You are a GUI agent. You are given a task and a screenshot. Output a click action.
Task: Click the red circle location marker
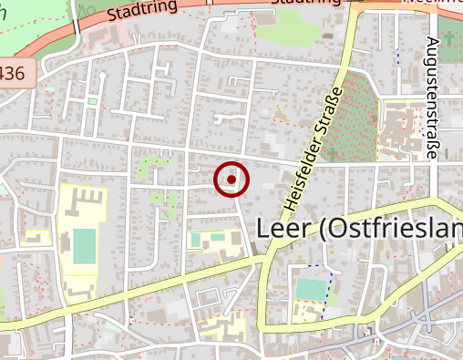tap(231, 180)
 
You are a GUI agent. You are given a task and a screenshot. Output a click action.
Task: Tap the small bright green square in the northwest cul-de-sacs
tap(92, 101)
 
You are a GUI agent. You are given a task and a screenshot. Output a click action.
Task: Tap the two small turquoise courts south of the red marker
tap(209, 240)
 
